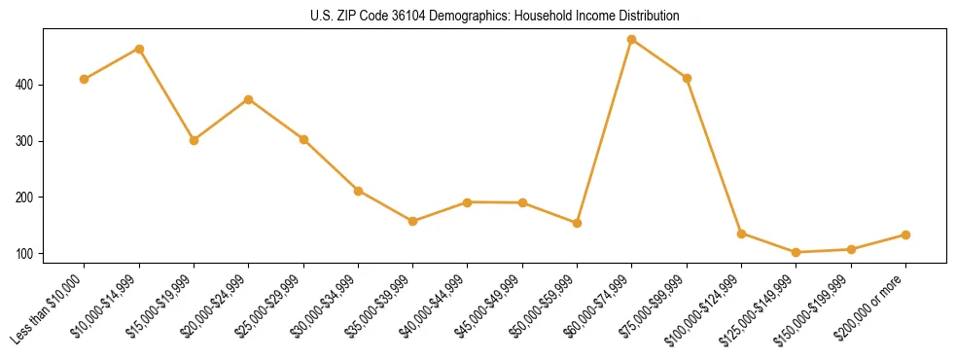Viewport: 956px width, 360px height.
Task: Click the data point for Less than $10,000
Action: point(85,79)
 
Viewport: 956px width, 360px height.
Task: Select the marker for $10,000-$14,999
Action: point(139,49)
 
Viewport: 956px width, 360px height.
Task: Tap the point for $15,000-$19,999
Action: point(194,140)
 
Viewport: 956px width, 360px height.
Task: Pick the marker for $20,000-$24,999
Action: point(249,99)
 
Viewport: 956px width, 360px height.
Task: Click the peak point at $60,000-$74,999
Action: point(632,40)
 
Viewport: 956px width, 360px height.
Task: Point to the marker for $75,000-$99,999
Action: point(687,78)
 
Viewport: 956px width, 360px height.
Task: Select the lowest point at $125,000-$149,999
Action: point(797,252)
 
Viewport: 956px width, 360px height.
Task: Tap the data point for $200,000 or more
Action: point(905,234)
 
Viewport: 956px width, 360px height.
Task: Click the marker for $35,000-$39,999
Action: point(413,221)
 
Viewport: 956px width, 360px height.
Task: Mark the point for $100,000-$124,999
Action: point(741,234)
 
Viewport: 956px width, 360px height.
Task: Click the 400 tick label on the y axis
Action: point(25,85)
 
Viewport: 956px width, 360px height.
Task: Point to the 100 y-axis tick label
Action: point(25,254)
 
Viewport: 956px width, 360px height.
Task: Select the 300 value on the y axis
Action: point(25,141)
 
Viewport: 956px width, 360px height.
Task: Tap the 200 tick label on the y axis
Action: point(25,198)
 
